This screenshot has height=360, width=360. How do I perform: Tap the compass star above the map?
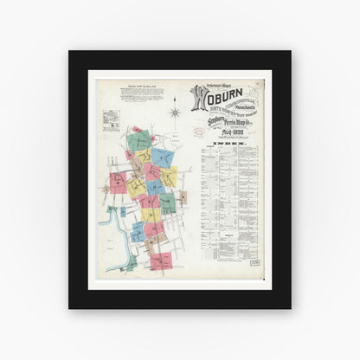pos(174,112)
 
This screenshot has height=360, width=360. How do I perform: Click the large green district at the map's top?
pos(138,140)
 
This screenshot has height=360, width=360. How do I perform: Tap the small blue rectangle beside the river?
pos(123,210)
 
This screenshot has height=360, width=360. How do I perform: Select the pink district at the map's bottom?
pos(161,260)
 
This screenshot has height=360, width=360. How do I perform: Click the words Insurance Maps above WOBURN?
pos(211,86)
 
